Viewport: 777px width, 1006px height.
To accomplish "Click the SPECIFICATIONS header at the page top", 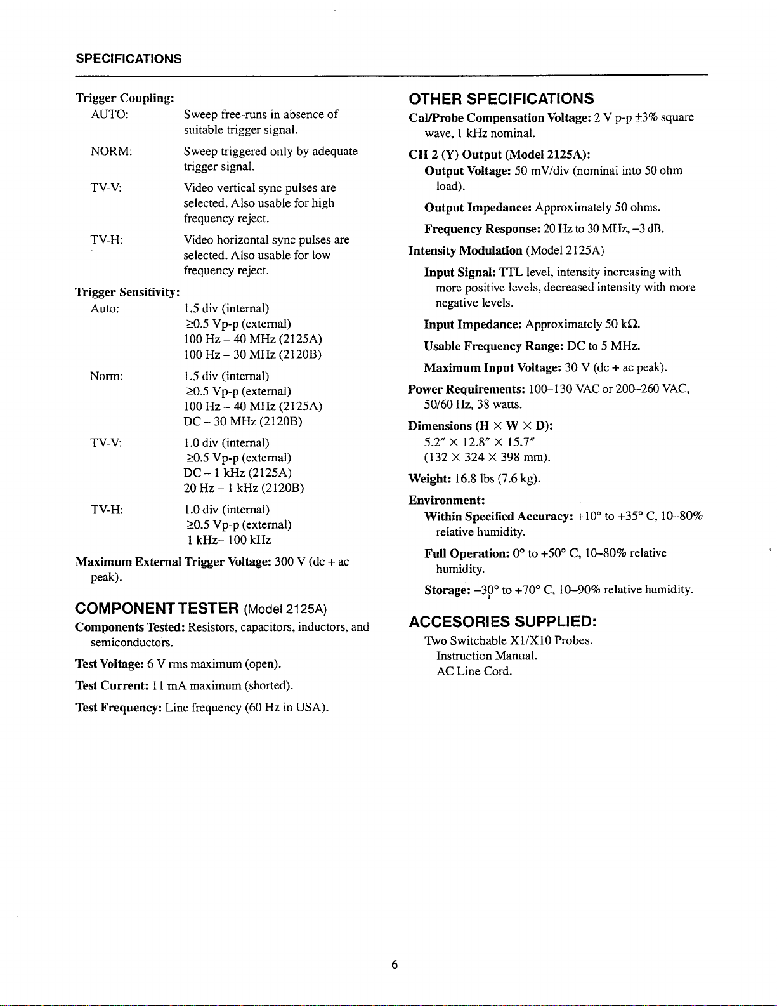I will (x=128, y=59).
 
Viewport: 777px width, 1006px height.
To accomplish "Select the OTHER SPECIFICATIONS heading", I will (x=501, y=99).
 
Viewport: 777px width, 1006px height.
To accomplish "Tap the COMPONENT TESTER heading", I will (x=157, y=609).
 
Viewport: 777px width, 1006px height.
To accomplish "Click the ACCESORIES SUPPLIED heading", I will (x=502, y=621).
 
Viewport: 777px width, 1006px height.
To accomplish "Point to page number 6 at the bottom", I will (x=394, y=965).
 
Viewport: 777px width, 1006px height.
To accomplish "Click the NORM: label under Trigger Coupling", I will (x=111, y=151).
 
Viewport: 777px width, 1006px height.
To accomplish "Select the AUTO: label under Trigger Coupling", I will (x=110, y=114).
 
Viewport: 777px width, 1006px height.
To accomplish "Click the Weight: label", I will (x=429, y=479).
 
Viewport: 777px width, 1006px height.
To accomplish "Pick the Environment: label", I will (x=447, y=500).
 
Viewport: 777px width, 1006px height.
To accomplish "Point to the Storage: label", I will (x=446, y=590).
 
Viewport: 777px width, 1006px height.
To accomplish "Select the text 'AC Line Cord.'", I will (x=474, y=671).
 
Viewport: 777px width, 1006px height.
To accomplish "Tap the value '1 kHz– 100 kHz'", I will (x=229, y=540).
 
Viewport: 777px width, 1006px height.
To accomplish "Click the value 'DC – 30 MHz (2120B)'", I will (x=243, y=421).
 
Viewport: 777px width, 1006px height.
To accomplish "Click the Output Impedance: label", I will (x=478, y=208).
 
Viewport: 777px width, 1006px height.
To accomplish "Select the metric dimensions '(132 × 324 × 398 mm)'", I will (x=486, y=457).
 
